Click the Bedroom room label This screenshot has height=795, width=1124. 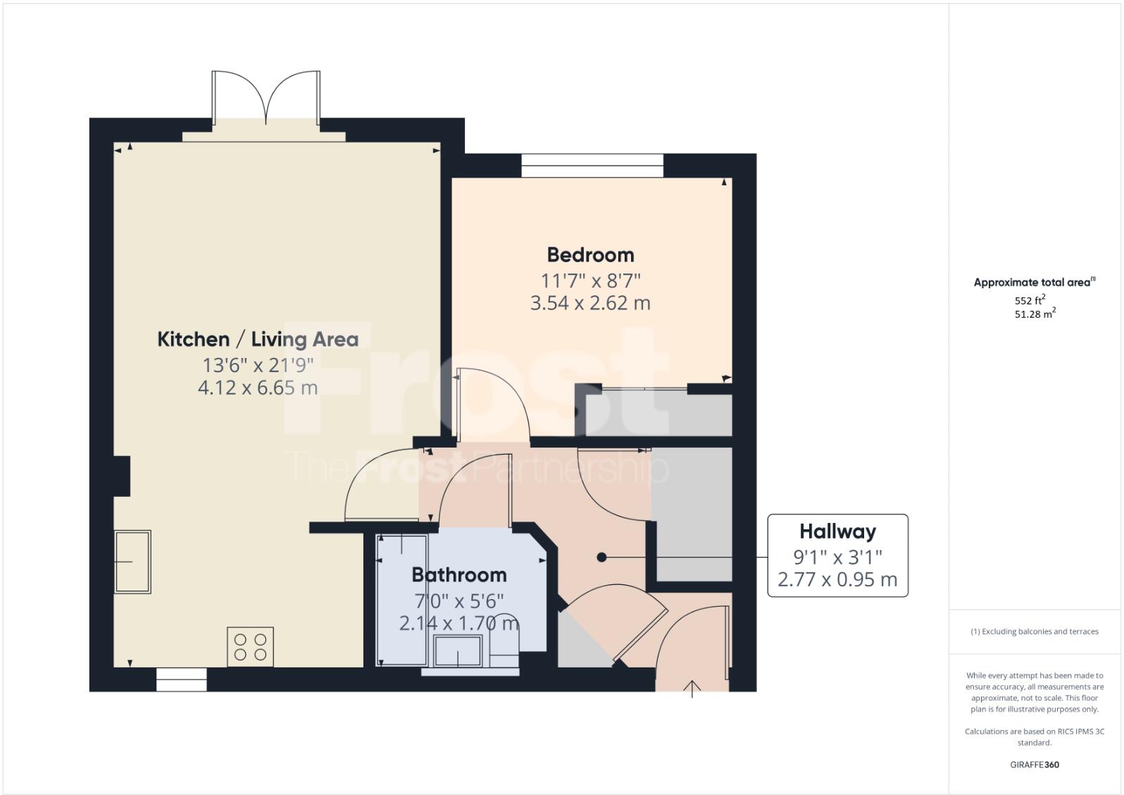pyautogui.click(x=590, y=254)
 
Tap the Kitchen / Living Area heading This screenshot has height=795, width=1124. pyautogui.click(x=258, y=339)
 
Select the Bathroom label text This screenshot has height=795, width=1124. pyautogui.click(x=458, y=575)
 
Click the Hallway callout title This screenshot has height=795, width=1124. pyautogui.click(x=837, y=531)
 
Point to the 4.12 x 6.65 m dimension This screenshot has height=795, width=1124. pyautogui.click(x=258, y=388)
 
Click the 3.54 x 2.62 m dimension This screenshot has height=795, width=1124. pyautogui.click(x=590, y=303)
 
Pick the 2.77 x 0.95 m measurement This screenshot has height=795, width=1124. pyautogui.click(x=837, y=579)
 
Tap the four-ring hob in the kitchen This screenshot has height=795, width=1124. pyautogui.click(x=250, y=647)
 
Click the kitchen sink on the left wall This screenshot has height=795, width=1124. pyautogui.click(x=133, y=562)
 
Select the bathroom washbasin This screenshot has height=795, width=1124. pyautogui.click(x=458, y=651)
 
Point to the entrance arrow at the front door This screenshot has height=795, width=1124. pyautogui.click(x=692, y=689)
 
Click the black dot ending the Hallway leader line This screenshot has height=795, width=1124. pyautogui.click(x=601, y=557)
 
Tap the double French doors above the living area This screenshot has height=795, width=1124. pyautogui.click(x=266, y=99)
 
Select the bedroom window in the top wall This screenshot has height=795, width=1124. pyautogui.click(x=592, y=166)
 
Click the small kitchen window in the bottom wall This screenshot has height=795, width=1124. pyautogui.click(x=182, y=679)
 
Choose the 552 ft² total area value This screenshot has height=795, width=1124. pyautogui.click(x=1030, y=300)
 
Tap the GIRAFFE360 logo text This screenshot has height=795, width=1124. pyautogui.click(x=1035, y=765)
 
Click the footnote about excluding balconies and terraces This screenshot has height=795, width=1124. pyautogui.click(x=1035, y=631)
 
